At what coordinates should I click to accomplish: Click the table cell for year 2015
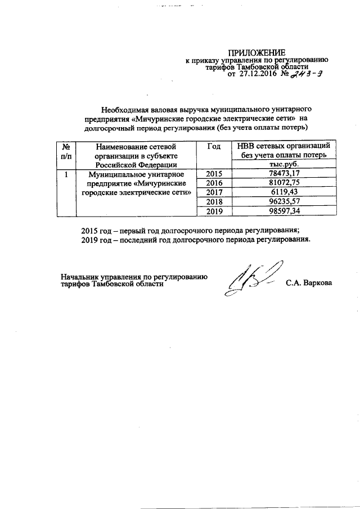point(214,174)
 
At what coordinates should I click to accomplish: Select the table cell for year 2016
point(214,184)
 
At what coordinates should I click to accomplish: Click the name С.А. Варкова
point(309,282)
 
